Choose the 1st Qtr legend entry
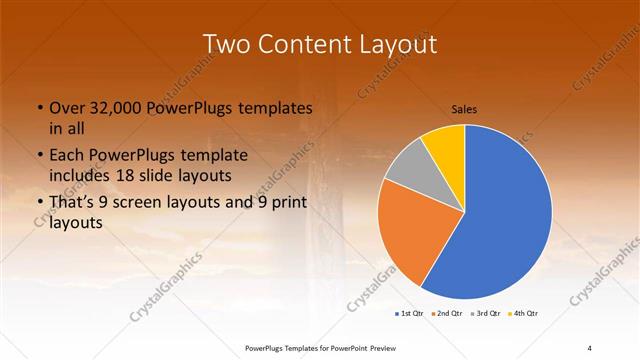click(409, 315)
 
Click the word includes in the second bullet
click(84, 174)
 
